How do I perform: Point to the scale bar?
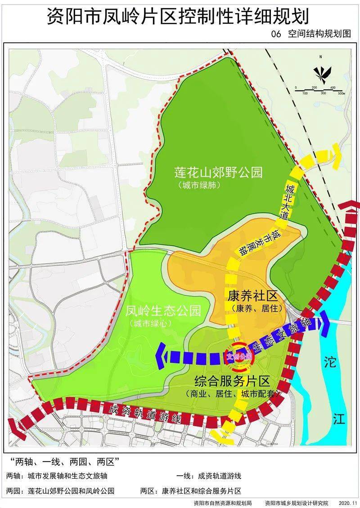point(319,90)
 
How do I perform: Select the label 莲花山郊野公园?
point(218,173)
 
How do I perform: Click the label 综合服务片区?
point(232,382)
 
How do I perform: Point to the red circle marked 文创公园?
point(238,356)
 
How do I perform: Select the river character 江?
point(338,419)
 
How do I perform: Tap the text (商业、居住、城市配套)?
point(232,394)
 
